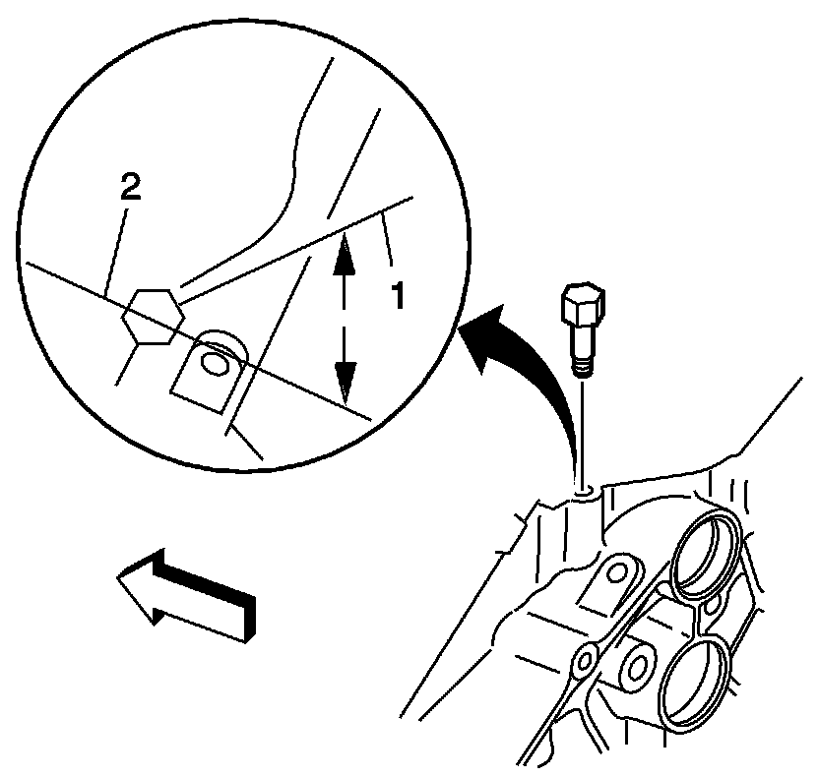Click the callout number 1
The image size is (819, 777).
click(x=397, y=294)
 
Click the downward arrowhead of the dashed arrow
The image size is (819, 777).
click(x=344, y=378)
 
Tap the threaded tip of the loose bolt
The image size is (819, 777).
click(x=583, y=367)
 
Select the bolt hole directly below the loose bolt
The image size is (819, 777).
click(x=584, y=486)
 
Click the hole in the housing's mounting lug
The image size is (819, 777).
click(x=618, y=571)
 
